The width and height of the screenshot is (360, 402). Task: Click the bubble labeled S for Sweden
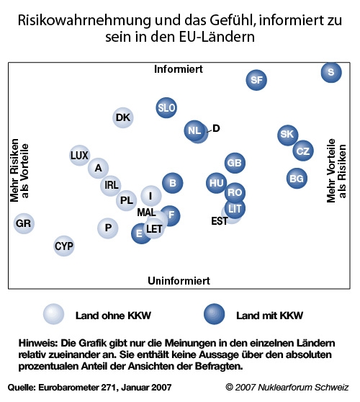pyautogui.click(x=331, y=72)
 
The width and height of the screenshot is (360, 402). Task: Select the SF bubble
pyautogui.click(x=256, y=80)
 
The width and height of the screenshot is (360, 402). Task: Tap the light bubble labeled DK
pyautogui.click(x=123, y=117)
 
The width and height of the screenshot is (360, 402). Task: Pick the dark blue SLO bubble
pyautogui.click(x=166, y=107)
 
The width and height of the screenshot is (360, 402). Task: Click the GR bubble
pyautogui.click(x=24, y=223)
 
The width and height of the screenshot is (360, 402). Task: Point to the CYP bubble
pyautogui.click(x=64, y=246)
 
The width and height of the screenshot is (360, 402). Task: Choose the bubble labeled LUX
pyautogui.click(x=79, y=155)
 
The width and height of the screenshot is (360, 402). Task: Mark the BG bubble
pyautogui.click(x=297, y=179)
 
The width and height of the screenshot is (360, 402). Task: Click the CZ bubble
pyautogui.click(x=303, y=151)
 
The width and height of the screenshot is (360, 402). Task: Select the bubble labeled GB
pyautogui.click(x=235, y=163)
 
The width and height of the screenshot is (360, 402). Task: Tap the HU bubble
pyautogui.click(x=217, y=183)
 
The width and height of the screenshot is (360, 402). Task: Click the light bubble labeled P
pyautogui.click(x=108, y=228)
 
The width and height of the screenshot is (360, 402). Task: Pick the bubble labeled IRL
pyautogui.click(x=111, y=185)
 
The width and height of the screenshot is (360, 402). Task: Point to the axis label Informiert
pyautogui.click(x=179, y=69)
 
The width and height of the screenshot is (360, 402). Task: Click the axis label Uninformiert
pyautogui.click(x=179, y=281)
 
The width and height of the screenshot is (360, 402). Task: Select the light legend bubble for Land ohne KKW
pyautogui.click(x=53, y=314)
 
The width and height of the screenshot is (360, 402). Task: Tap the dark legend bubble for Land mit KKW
pyautogui.click(x=215, y=314)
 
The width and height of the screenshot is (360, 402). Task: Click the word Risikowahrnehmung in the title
pyautogui.click(x=84, y=20)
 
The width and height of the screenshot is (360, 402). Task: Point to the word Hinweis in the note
pyautogui.click(x=38, y=343)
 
